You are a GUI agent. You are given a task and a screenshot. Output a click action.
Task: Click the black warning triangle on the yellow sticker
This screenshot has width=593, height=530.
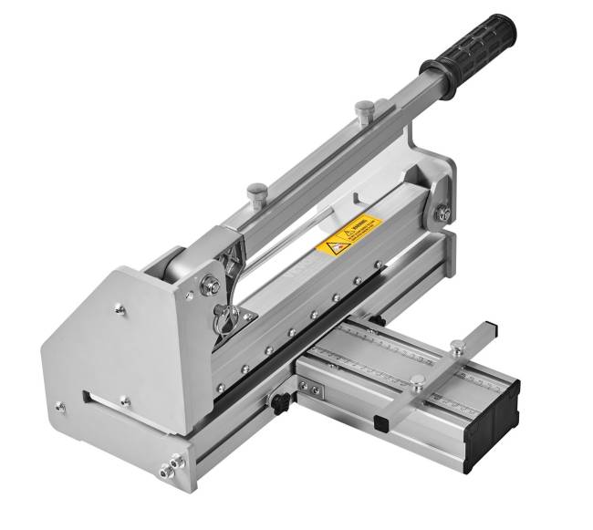tap(331, 244)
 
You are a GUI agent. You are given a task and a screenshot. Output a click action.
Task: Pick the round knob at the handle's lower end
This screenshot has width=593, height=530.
tap(256, 191)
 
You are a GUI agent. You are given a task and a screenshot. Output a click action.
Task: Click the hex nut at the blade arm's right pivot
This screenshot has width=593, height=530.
tap(442, 213)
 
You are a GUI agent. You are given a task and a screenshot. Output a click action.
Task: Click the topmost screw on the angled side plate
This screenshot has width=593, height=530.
tap(119, 310)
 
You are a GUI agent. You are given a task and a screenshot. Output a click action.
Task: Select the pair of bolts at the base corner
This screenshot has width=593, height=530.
tap(168, 470)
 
